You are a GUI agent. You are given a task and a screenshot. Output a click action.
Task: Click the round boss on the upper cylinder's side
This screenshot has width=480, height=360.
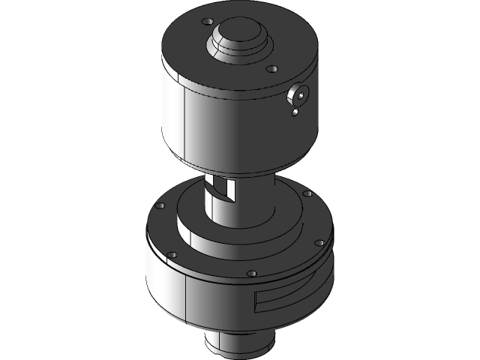tap(299, 96)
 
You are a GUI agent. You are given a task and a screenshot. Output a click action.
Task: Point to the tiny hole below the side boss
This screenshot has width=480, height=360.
tap(295, 113)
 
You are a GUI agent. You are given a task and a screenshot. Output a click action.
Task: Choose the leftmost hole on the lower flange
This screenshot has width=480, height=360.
tap(158, 205)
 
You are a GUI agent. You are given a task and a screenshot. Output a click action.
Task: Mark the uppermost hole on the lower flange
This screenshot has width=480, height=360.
tap(307, 194)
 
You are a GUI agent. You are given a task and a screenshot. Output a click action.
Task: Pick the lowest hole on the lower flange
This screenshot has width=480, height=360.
tap(251, 273)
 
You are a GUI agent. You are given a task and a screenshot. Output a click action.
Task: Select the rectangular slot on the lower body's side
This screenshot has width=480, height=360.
tap(289, 297)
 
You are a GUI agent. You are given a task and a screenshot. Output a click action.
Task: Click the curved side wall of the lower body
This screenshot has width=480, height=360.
tap(217, 304)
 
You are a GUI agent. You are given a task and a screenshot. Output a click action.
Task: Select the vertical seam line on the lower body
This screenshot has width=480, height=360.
tap(184, 300)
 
